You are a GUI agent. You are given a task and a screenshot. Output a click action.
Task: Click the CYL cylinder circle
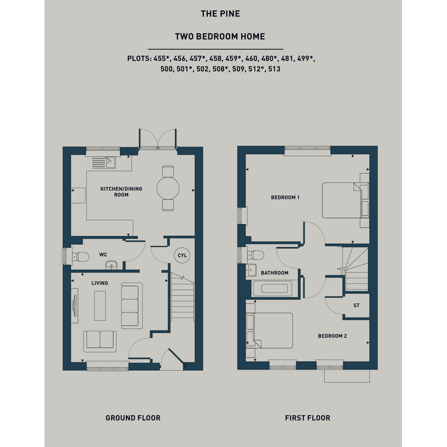pyautogui.click(x=182, y=255)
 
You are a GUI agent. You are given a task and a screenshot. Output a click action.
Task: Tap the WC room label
pyautogui.click(x=103, y=254)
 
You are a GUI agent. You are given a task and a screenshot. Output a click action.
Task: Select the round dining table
pyautogui.click(x=168, y=188)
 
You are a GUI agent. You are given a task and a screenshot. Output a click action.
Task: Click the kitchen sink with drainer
pyautogui.click(x=104, y=163)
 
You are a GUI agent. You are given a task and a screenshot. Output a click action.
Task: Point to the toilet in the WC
pyautogui.click(x=80, y=256)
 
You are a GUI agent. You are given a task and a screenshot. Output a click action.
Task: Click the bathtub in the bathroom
pyautogui.click(x=274, y=289)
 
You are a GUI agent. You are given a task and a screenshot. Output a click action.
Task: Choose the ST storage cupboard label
pyautogui.click(x=356, y=305)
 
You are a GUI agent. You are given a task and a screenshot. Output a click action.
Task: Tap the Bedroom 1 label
pyautogui.click(x=285, y=197)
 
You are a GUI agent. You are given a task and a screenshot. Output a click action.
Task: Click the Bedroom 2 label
pyautogui.click(x=333, y=336)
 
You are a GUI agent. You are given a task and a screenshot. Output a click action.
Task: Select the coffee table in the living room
pyautogui.click(x=100, y=306)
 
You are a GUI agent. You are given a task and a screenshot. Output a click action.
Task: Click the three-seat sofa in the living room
pyautogui.click(x=131, y=306)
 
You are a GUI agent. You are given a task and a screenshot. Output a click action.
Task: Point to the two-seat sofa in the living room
pyautogui.click(x=100, y=341)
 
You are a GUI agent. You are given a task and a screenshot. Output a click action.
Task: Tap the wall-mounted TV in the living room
pyautogui.click(x=75, y=306)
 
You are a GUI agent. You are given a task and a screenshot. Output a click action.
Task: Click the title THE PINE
pyautogui.click(x=220, y=14)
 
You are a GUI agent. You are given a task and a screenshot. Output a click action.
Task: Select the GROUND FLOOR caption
pyautogui.click(x=133, y=418)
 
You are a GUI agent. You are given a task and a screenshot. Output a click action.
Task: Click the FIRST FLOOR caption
pyautogui.click(x=307, y=418)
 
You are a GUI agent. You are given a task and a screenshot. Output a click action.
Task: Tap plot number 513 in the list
pyautogui.click(x=274, y=69)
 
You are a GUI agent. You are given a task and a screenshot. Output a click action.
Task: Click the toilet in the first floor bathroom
pyautogui.click(x=255, y=255)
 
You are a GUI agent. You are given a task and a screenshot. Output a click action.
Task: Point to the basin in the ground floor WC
pyautogui.click(x=111, y=265)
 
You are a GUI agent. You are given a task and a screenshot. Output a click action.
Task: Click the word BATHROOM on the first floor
pyautogui.click(x=274, y=273)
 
